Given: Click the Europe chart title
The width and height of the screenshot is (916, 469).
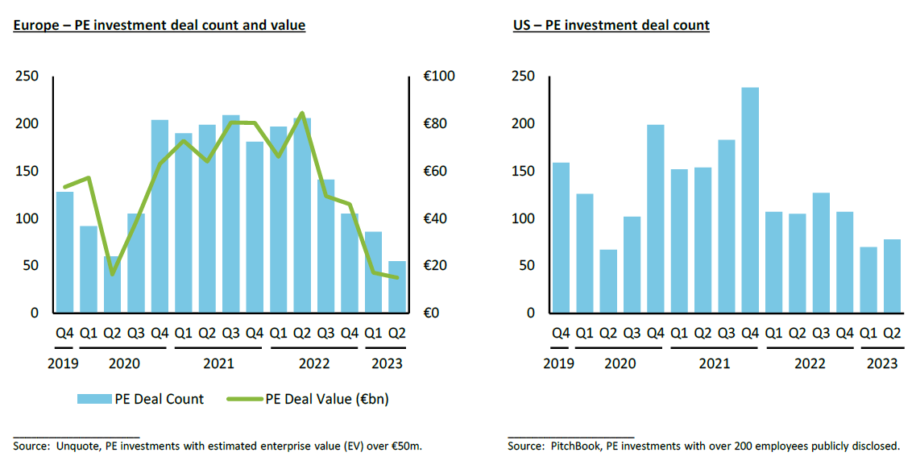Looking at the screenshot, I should tap(159, 25).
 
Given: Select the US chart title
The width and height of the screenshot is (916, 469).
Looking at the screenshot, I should tap(611, 25).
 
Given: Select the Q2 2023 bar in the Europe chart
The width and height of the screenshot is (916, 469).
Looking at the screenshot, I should tap(397, 287).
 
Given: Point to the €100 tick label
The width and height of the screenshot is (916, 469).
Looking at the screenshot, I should tap(439, 77).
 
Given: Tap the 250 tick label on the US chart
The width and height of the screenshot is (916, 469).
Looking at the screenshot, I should tap(524, 77).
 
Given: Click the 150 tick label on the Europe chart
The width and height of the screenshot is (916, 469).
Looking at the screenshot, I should tap(27, 171).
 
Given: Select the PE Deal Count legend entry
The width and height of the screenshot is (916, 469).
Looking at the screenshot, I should tap(140, 399).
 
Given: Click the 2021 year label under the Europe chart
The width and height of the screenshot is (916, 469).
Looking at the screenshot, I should tap(219, 363).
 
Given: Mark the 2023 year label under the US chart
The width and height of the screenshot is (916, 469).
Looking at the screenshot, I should tap(881, 363).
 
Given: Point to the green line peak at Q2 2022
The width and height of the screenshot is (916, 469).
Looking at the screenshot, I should tap(301, 114).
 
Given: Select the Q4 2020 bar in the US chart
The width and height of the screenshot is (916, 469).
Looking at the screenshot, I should tap(655, 218).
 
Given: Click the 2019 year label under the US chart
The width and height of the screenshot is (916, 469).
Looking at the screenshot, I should tap(559, 363).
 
